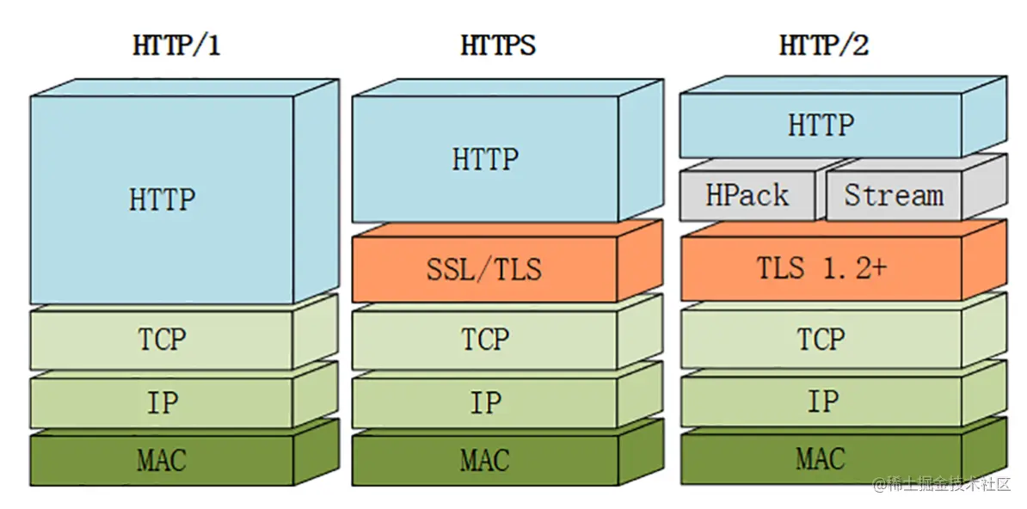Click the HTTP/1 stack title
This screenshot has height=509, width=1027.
[176, 45]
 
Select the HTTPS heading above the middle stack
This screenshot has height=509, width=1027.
[498, 45]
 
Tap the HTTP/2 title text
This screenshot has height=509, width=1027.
[823, 45]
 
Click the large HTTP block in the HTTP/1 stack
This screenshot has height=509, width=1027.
[163, 199]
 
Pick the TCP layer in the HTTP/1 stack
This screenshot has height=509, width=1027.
[163, 339]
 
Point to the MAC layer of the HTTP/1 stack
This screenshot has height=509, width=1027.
[161, 460]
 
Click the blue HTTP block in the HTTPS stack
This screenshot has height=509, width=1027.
[485, 159]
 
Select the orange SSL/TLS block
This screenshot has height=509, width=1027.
[485, 270]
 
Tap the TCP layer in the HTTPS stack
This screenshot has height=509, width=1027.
[485, 339]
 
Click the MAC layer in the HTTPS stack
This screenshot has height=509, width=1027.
[485, 460]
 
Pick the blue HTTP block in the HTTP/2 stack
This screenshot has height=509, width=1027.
[821, 126]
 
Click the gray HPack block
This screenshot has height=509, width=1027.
[747, 196]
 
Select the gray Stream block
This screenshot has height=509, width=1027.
[893, 196]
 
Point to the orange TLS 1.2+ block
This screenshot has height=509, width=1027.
[821, 268]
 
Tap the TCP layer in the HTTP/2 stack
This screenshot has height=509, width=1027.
[821, 339]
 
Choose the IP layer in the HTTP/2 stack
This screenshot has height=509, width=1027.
[821, 402]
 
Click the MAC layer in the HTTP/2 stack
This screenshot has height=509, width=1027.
[821, 458]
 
